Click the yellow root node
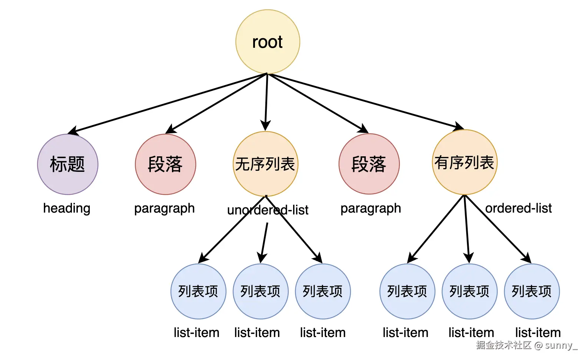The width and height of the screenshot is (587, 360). coord(268,42)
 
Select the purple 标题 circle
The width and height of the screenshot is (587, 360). coord(67,164)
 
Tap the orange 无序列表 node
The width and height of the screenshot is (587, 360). coord(265,164)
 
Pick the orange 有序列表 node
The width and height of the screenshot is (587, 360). coord(464,162)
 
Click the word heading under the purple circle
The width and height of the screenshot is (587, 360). coord(67,208)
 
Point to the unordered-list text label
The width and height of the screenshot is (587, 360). coord(268,210)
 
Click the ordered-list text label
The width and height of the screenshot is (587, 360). coord(518,208)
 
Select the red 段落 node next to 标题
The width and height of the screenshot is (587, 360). coord(165,164)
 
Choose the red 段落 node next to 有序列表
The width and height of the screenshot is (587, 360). coord(369,164)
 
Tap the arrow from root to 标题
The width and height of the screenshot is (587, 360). coord(167,103)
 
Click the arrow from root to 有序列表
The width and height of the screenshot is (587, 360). coord(367,101)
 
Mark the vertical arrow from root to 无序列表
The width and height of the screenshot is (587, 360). coord(266,102)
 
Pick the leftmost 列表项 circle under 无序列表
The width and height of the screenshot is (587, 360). coord(198,291)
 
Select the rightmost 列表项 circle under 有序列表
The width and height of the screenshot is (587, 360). coord(532,291)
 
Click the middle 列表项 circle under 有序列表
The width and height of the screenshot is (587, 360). coord(470,291)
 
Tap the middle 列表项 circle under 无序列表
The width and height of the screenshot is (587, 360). coord(261,291)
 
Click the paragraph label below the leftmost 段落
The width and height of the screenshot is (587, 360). coord(164,208)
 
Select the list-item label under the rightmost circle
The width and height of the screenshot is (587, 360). coord(538,333)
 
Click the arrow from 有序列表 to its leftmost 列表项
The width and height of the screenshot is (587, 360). coord(436,229)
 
